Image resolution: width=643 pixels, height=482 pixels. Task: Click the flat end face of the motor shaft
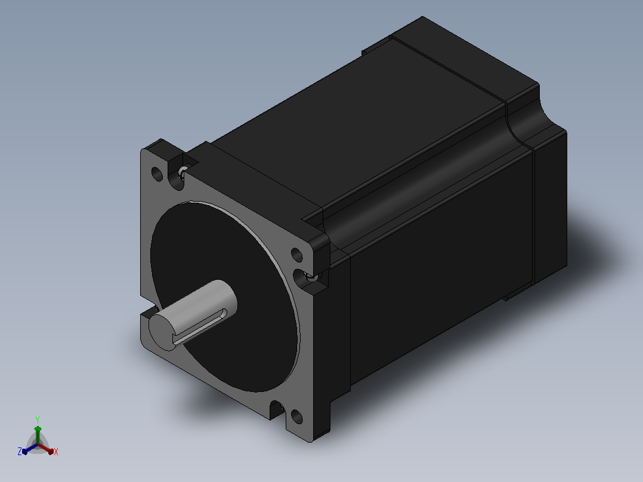click(162, 332)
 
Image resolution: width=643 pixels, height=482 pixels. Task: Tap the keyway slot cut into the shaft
click(200, 325)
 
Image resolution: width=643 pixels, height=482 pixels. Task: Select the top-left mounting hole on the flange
click(157, 174)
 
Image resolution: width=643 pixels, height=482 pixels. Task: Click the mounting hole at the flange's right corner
click(296, 255)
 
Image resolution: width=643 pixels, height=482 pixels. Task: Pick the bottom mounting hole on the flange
click(296, 417)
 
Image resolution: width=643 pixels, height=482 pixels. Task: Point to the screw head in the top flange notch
click(183, 171)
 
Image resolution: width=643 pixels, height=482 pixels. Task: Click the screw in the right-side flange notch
click(312, 276)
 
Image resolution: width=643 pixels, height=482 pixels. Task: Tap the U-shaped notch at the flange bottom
click(277, 409)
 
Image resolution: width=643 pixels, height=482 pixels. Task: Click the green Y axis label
click(38, 419)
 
